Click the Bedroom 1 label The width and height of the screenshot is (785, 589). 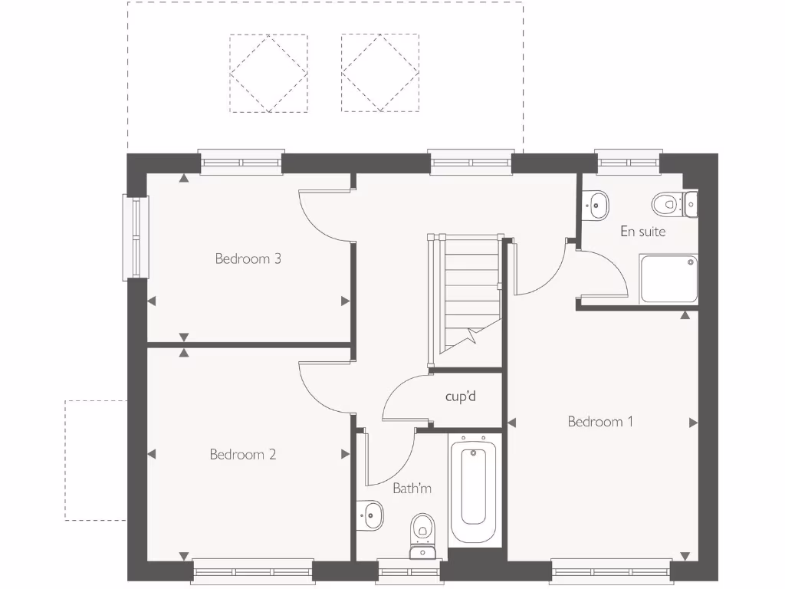[x=600, y=421]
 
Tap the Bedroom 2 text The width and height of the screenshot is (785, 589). [x=242, y=455]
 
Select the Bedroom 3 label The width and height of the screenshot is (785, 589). [x=248, y=258]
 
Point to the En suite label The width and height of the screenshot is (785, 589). [x=642, y=231]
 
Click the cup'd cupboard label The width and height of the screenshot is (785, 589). [x=461, y=397]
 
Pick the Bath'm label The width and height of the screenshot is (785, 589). [x=412, y=488]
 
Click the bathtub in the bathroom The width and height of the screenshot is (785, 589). [x=475, y=489]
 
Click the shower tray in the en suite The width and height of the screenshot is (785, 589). [x=668, y=279]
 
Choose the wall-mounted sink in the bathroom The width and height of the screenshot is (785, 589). [x=371, y=515]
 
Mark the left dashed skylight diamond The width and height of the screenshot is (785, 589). [x=268, y=74]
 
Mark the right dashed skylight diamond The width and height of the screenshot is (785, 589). [x=379, y=74]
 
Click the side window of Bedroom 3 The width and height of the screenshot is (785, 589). [x=136, y=237]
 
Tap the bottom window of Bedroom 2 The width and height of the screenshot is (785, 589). [x=253, y=571]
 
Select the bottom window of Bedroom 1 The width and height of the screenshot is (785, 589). [x=610, y=571]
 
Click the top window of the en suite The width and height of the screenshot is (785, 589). [x=628, y=162]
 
